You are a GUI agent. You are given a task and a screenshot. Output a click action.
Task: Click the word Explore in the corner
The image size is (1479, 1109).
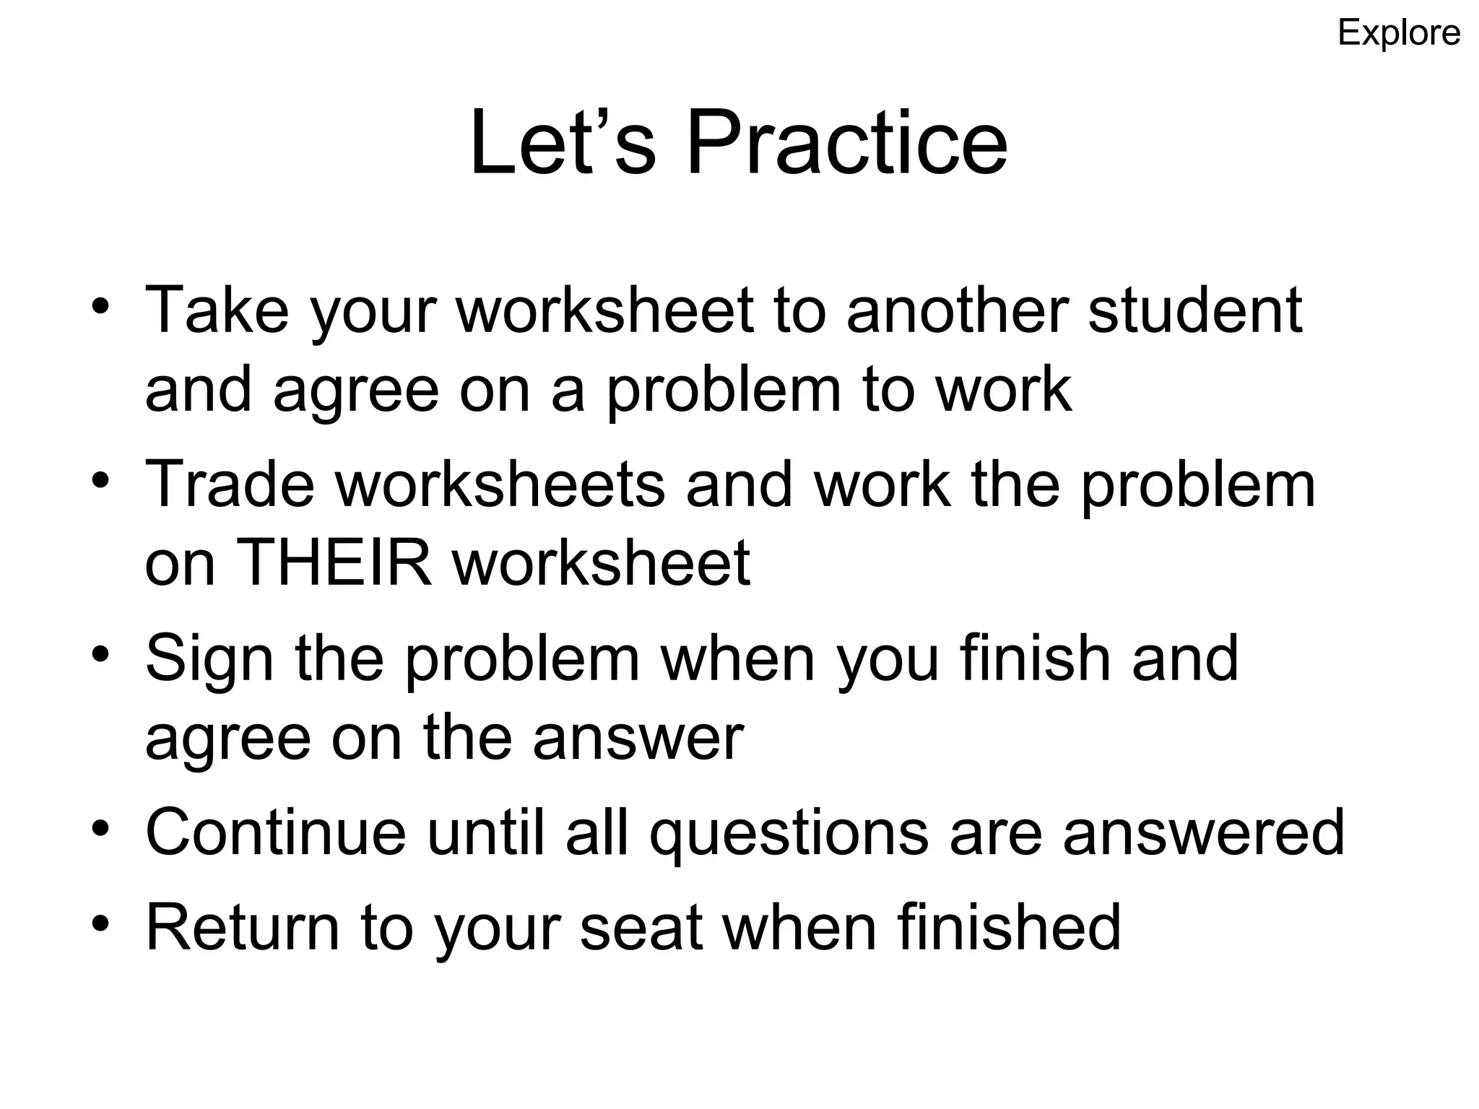1399,33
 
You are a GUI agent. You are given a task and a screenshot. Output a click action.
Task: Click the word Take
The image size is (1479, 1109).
217,310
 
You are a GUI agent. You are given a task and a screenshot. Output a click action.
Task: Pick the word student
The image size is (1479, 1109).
1194,310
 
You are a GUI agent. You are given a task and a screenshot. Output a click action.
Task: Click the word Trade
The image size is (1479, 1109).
230,484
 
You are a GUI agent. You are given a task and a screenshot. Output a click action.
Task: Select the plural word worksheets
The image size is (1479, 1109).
499,484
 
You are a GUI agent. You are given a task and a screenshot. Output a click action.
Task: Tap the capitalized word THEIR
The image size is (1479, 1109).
334,563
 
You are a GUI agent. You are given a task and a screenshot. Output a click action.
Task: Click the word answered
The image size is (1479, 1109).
1203,832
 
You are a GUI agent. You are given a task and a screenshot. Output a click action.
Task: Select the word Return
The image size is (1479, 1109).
243,928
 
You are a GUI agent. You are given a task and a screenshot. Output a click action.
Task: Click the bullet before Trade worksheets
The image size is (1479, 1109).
100,479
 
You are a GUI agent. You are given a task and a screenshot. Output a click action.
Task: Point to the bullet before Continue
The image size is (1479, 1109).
100,827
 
